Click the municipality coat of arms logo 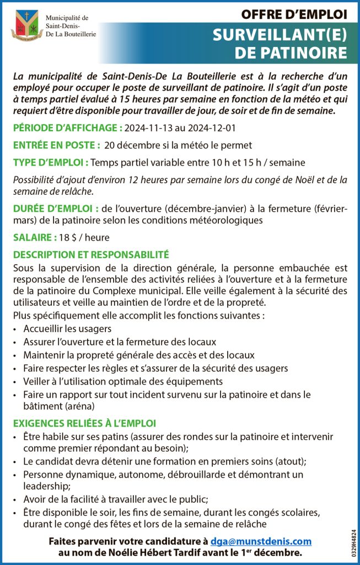pos(26,25)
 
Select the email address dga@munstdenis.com pos(261,541)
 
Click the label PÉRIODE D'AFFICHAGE pos(67,128)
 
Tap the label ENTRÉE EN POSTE pos(56,145)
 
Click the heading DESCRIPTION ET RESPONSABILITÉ pos(91,255)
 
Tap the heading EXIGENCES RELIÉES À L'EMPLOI pos(84,423)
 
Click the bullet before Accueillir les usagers pos(15,329)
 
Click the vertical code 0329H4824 pos(353,543)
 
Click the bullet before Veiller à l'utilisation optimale pos(15,382)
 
